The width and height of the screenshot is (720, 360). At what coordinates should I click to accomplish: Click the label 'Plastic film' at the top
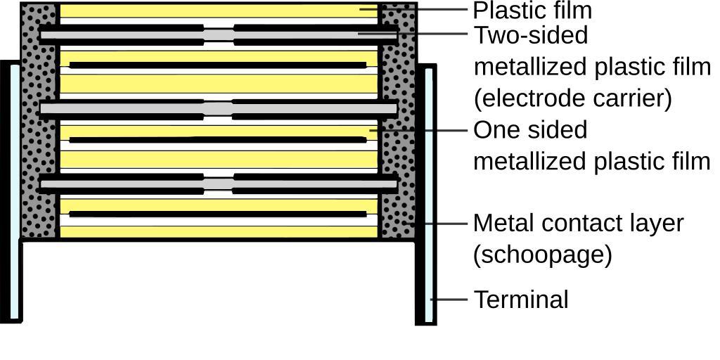(x=532, y=11)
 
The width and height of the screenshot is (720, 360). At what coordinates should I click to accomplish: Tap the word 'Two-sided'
(x=530, y=34)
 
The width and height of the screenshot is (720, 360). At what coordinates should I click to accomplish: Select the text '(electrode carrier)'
(x=573, y=98)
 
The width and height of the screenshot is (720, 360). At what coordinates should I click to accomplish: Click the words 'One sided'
(x=529, y=130)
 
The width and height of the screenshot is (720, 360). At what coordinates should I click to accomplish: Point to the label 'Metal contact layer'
(x=578, y=223)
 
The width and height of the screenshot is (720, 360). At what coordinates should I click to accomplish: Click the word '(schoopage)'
(x=542, y=254)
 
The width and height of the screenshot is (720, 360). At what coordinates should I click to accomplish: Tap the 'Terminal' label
(x=521, y=300)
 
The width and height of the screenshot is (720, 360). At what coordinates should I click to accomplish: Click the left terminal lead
(x=12, y=190)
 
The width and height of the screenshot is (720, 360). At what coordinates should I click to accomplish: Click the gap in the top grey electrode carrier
(x=219, y=34)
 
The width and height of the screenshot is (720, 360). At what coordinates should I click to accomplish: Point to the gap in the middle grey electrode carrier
(x=219, y=108)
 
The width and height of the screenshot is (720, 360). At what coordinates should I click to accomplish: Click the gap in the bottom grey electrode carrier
(x=219, y=184)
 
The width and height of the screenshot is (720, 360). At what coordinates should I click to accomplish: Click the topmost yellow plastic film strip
(x=218, y=11)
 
